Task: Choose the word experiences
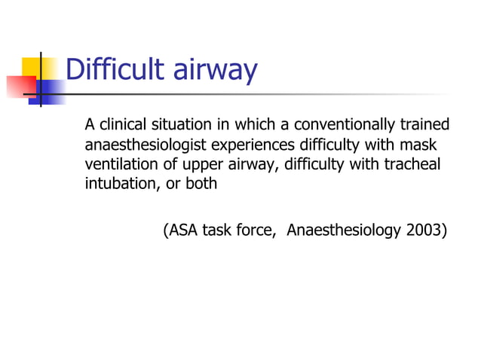(x=256, y=145)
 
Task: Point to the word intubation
(x=118, y=184)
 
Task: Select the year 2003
(x=425, y=230)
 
